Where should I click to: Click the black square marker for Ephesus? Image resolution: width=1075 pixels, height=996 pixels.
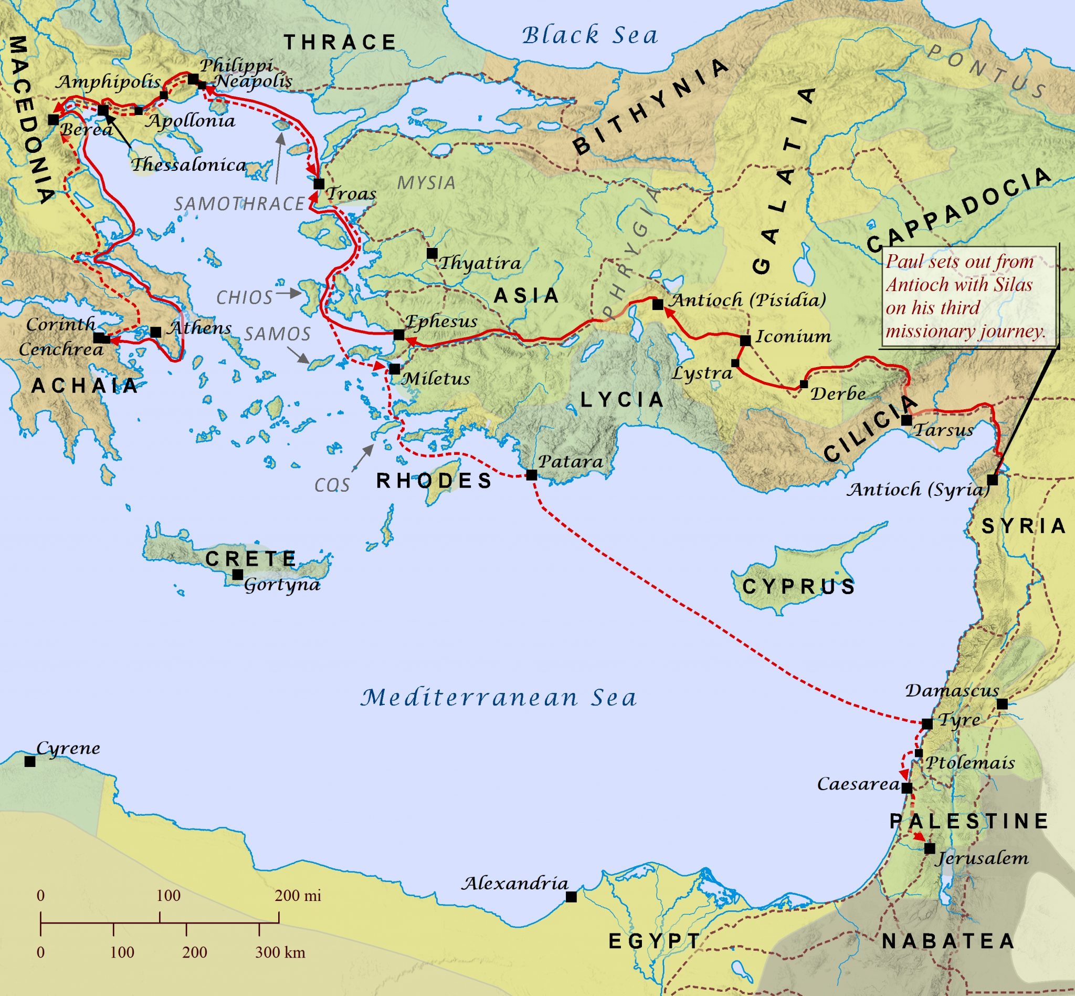(398, 335)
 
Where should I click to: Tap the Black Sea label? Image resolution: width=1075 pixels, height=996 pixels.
(590, 36)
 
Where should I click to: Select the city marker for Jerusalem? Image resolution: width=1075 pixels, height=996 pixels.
(929, 848)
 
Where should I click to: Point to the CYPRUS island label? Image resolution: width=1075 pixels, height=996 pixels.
(799, 586)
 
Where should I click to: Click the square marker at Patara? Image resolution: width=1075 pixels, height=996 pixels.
(531, 475)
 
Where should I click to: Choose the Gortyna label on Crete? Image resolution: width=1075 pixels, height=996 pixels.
(282, 585)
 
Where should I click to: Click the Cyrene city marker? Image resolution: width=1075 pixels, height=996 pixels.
(30, 762)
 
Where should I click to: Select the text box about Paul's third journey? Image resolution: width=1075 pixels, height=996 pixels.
(967, 296)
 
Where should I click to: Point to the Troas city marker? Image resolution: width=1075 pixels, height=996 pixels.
(318, 184)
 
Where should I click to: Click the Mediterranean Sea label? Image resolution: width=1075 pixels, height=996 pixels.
(498, 698)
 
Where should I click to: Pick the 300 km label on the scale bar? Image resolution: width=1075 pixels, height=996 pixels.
(280, 952)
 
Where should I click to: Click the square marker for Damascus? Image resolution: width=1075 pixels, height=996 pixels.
(1002, 704)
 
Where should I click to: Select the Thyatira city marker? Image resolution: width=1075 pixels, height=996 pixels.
(431, 253)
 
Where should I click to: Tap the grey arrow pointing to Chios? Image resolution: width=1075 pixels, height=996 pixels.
(288, 294)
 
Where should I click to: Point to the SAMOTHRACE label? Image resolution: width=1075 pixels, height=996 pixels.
(239, 204)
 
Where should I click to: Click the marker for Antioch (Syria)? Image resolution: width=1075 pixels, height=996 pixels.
(992, 480)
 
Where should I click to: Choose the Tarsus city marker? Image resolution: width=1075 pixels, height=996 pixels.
(907, 420)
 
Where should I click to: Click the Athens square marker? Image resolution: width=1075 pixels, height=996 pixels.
(156, 332)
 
